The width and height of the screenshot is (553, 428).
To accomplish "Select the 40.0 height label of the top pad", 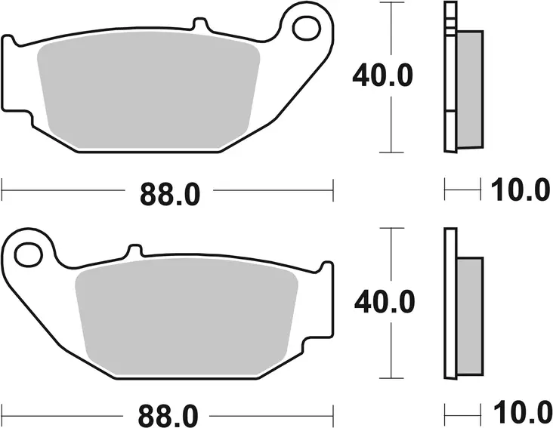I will point(384,76).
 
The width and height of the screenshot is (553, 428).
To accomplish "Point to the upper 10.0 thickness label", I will point(521,190).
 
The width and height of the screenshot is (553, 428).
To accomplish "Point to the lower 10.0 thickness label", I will point(521,414).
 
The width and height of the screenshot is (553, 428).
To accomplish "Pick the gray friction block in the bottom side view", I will point(469,313).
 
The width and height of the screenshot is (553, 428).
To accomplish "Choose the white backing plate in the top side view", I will point(450,75).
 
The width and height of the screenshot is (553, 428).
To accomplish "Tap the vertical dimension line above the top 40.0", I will point(390,30).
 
